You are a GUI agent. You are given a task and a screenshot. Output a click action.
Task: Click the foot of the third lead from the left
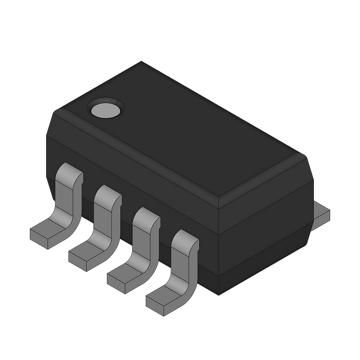124,275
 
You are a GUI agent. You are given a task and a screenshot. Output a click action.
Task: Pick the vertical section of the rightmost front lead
183,264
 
